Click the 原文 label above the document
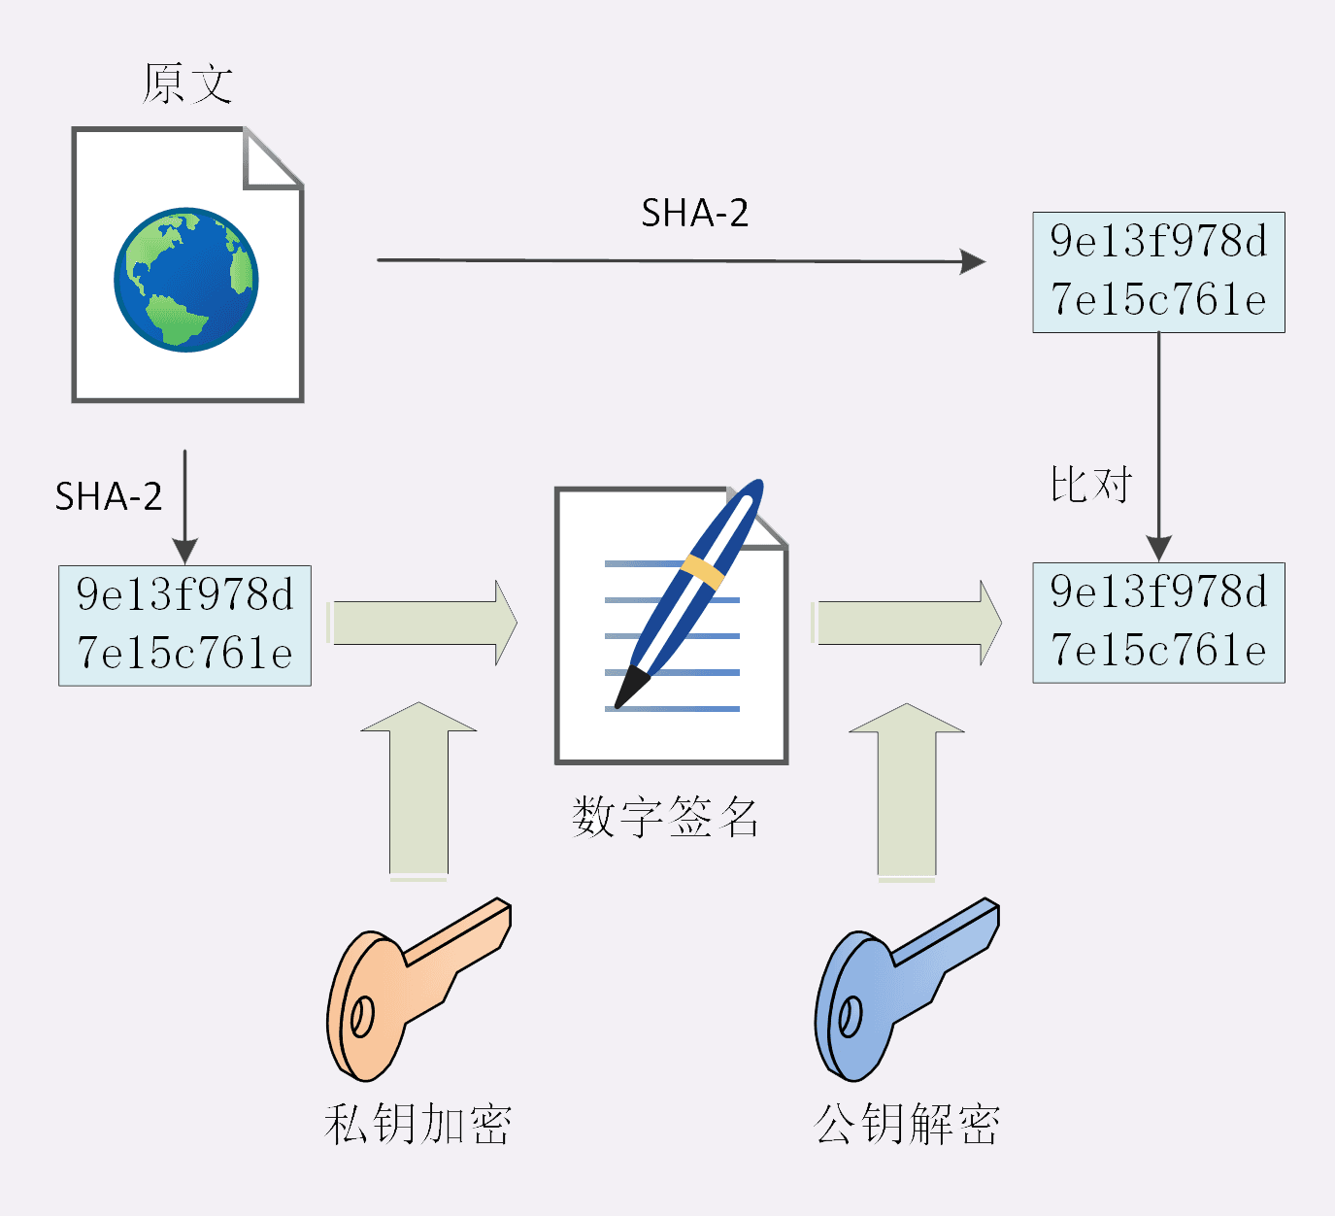coord(187,84)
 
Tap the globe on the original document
coord(186,279)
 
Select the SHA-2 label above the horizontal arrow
coord(694,214)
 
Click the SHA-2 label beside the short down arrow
coord(108,496)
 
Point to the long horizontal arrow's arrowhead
coord(972,261)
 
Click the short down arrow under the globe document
coord(184,505)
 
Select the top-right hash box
coord(1158,272)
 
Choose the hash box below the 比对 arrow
coord(1158,623)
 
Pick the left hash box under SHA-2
coord(184,625)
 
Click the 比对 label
coord(1091,484)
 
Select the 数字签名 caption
coord(665,817)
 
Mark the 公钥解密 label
coord(907,1124)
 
